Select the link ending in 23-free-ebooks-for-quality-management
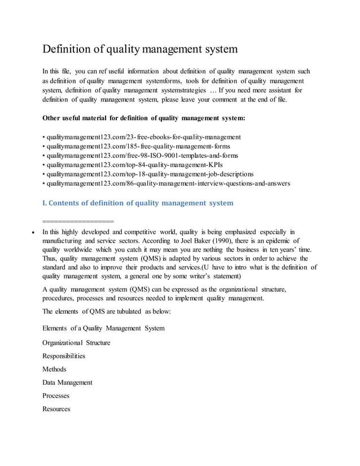(x=142, y=137)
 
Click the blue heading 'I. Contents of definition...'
(x=138, y=203)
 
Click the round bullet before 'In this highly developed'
(x=36, y=232)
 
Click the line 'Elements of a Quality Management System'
(x=104, y=328)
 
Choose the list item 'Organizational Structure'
(x=76, y=342)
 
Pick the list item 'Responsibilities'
(x=64, y=356)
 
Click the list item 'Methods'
(x=54, y=369)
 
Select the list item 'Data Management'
(x=67, y=383)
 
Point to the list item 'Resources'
(x=56, y=409)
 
